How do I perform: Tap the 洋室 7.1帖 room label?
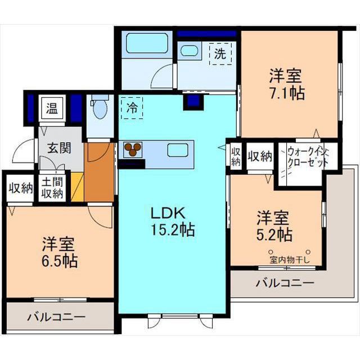click(286, 84)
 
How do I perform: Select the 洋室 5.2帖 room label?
click(274, 224)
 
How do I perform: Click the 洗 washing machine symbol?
click(220, 54)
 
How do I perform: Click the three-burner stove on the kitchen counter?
click(133, 149)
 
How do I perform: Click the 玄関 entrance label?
click(58, 148)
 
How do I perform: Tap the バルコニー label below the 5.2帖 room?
click(285, 283)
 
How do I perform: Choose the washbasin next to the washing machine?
click(188, 50)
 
